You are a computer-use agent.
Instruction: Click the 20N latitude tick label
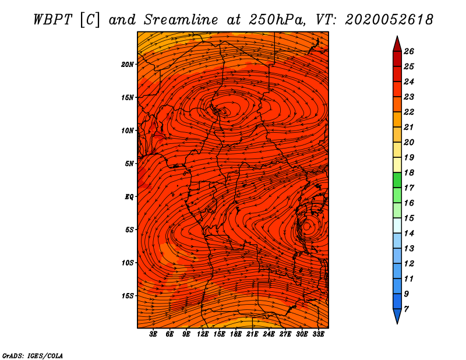coord(127,65)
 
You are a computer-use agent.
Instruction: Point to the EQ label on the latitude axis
coord(129,197)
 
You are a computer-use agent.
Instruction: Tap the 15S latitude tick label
coord(127,296)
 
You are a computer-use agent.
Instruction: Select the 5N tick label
coord(129,164)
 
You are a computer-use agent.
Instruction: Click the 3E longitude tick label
coord(153,334)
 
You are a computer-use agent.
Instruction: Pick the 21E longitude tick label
coord(252,334)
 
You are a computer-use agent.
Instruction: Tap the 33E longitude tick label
coord(318,334)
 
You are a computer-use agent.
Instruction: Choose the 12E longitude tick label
coord(202,334)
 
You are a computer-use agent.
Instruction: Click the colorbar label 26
coord(409,51)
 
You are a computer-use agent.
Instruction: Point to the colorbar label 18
coord(409,172)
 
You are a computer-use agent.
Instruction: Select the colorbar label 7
coord(406,309)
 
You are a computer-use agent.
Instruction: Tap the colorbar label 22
coord(409,112)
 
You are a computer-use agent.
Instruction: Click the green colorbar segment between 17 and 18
coord(397,180)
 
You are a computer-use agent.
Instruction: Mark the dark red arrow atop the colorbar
coord(397,45)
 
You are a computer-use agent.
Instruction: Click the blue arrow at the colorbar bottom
coord(397,316)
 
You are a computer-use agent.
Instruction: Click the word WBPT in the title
coord(52,20)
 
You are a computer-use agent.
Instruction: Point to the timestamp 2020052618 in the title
coord(389,20)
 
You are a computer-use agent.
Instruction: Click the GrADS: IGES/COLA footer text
coord(33,355)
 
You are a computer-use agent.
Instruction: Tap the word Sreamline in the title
coord(181,20)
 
